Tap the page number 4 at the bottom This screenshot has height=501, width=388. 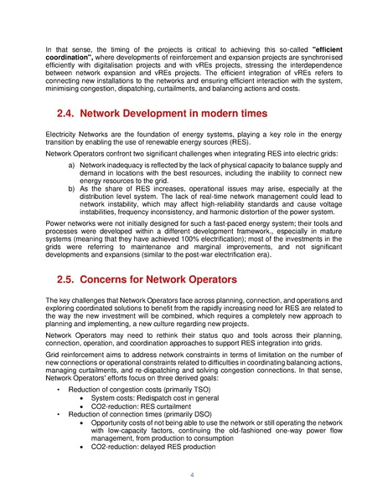pyautogui.click(x=193, y=475)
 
